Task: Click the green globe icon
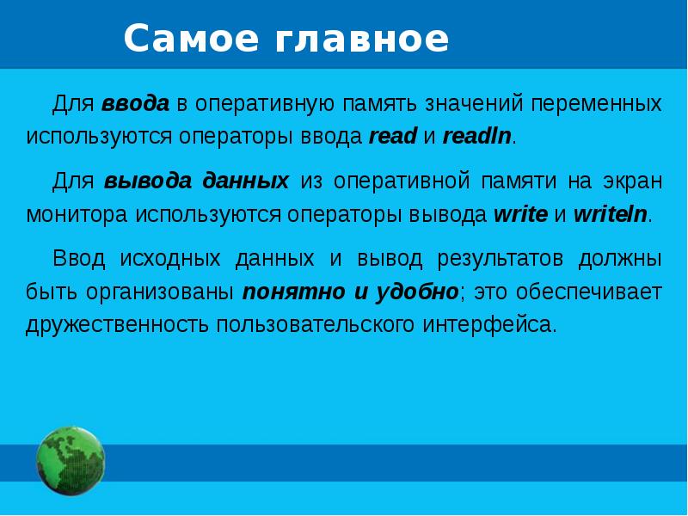(x=71, y=461)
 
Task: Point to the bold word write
(x=520, y=214)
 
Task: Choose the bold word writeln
(x=611, y=214)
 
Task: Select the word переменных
(x=596, y=105)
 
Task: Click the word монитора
(x=77, y=214)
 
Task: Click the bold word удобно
(x=417, y=292)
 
